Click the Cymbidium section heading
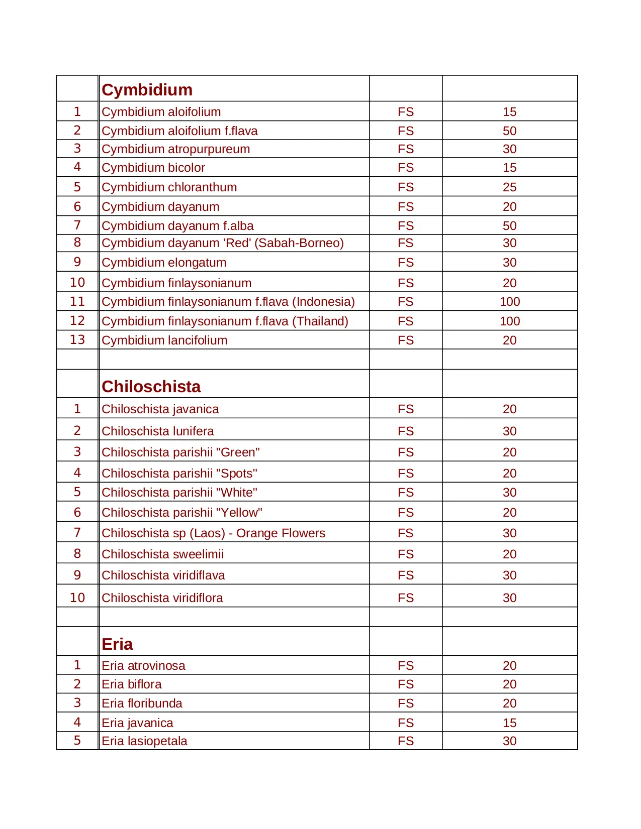147,90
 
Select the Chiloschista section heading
151,387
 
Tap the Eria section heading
117,644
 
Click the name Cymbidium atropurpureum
175,149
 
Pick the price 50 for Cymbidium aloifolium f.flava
509,131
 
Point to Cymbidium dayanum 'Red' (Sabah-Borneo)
222,243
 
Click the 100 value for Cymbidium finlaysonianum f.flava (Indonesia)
509,302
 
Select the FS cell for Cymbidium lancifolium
405,340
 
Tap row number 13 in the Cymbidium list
77,340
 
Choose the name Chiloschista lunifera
157,431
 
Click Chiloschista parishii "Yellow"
181,513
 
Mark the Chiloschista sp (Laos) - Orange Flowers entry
213,533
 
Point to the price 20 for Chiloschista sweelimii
509,554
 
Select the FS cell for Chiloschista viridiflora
405,598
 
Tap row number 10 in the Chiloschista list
77,598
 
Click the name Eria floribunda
142,703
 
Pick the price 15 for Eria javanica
509,723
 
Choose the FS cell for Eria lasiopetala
405,741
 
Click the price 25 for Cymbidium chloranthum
509,187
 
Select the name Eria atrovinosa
143,666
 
